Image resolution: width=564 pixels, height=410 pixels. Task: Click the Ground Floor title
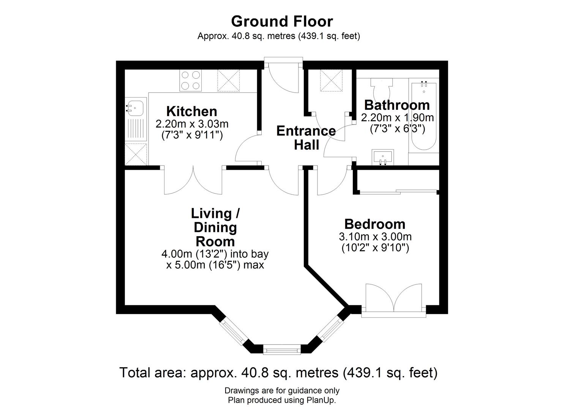(282, 21)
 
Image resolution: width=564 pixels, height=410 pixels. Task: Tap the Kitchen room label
(192, 111)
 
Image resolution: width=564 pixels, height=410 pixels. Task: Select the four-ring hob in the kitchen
(190, 81)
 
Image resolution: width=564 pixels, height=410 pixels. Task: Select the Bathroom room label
(397, 105)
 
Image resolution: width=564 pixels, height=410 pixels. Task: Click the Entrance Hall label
(306, 137)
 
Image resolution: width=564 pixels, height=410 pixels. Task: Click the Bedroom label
(374, 224)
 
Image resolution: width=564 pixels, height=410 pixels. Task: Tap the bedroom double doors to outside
(393, 298)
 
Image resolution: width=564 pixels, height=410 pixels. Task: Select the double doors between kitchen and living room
(193, 180)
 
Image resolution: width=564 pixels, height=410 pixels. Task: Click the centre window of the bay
(282, 349)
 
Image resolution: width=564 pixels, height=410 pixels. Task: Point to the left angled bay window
(233, 331)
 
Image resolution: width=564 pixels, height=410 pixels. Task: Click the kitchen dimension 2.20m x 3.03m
(192, 124)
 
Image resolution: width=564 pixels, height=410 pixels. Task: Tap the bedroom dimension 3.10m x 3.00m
(375, 237)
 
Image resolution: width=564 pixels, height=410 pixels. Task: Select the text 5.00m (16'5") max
(215, 265)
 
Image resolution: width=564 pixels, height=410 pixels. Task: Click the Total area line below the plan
(278, 372)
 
